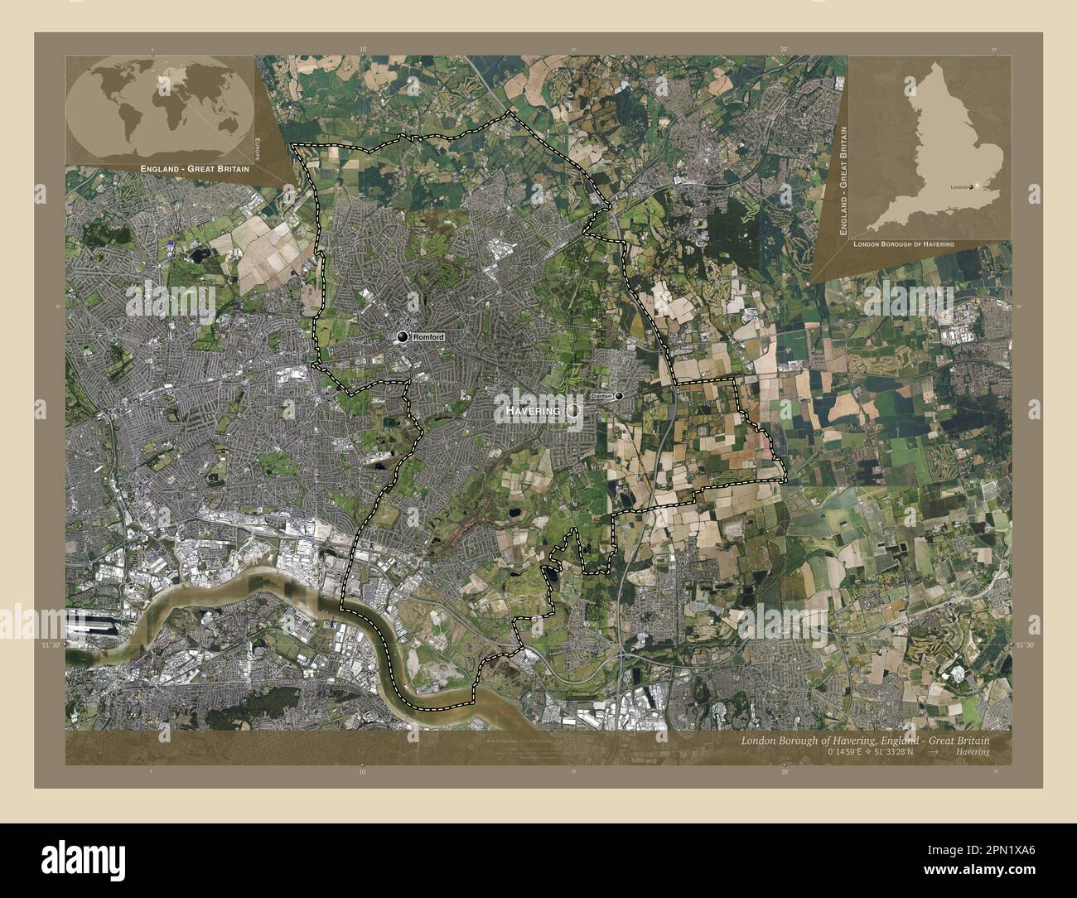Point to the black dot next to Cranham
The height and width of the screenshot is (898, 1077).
[619, 396]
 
